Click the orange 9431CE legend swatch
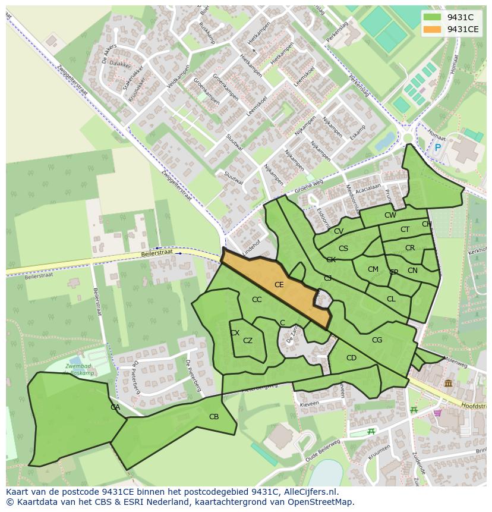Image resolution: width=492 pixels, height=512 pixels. click(x=433, y=29)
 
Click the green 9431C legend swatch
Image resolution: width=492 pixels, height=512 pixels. click(x=433, y=17)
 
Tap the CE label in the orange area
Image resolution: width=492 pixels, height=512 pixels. click(x=279, y=285)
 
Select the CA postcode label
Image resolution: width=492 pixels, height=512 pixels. click(x=115, y=407)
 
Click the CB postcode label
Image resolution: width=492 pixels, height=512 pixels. click(x=214, y=417)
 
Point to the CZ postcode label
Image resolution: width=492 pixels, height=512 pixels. click(x=248, y=341)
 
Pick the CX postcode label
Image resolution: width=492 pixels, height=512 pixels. click(x=235, y=333)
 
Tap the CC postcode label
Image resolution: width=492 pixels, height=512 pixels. click(x=257, y=300)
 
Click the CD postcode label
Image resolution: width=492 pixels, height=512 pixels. click(x=351, y=358)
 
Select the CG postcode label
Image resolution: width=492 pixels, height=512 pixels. click(x=377, y=340)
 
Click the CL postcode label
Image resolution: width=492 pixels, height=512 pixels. click(x=391, y=299)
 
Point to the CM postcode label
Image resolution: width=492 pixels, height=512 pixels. click(x=373, y=269)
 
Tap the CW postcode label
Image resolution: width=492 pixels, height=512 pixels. click(x=390, y=215)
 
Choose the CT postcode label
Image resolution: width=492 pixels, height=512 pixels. click(x=405, y=230)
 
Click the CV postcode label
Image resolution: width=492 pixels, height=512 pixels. click(x=338, y=231)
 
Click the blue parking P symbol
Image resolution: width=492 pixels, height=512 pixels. click(x=438, y=147)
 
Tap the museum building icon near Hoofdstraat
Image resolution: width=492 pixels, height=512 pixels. click(x=447, y=384)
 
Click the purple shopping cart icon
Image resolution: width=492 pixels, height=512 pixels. click(x=437, y=413)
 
